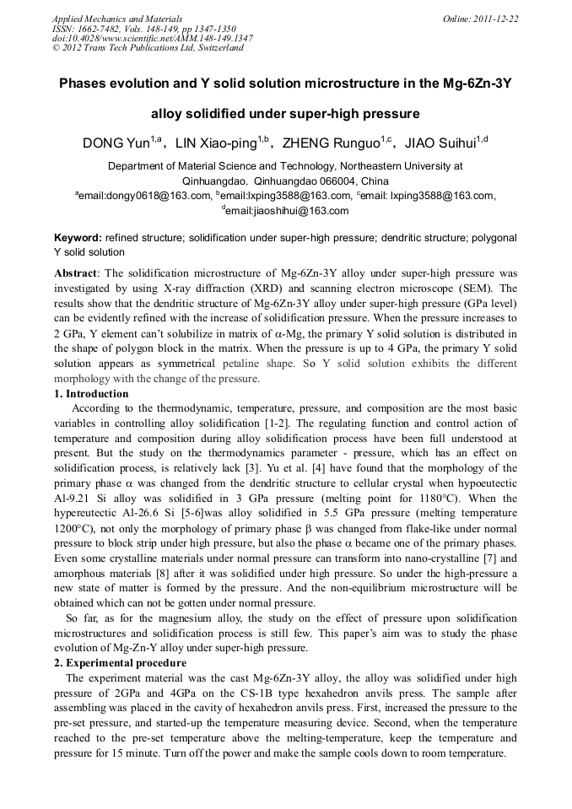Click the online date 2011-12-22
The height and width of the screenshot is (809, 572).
point(498,19)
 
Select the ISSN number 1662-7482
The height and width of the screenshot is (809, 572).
point(98,29)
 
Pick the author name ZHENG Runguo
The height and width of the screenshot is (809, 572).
point(330,143)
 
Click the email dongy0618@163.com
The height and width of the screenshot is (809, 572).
point(144,197)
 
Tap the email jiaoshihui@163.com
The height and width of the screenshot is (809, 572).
point(287,211)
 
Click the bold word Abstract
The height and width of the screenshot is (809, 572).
point(76,274)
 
